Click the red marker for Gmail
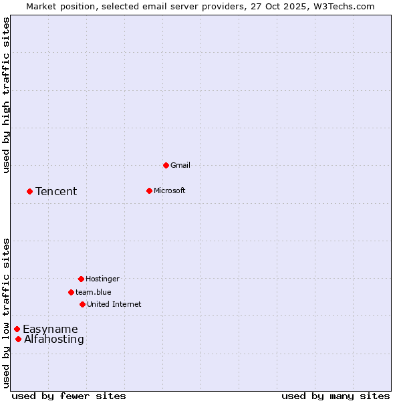point(166,165)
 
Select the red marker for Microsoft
point(149,190)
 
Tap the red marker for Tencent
point(29,191)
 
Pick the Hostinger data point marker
point(81,279)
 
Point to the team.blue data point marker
point(71,292)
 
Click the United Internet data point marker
point(82,304)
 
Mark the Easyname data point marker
point(17,329)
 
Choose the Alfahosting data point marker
point(18,339)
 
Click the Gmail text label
point(180,165)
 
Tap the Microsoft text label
point(169,190)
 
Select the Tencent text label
point(56,192)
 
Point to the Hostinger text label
point(102,279)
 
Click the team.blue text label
point(93,292)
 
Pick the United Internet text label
point(114,304)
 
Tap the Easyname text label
point(50,329)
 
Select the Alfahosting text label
point(54,340)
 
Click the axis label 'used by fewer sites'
point(69,396)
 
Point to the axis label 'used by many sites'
point(336,396)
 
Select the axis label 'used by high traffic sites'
point(6,95)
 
